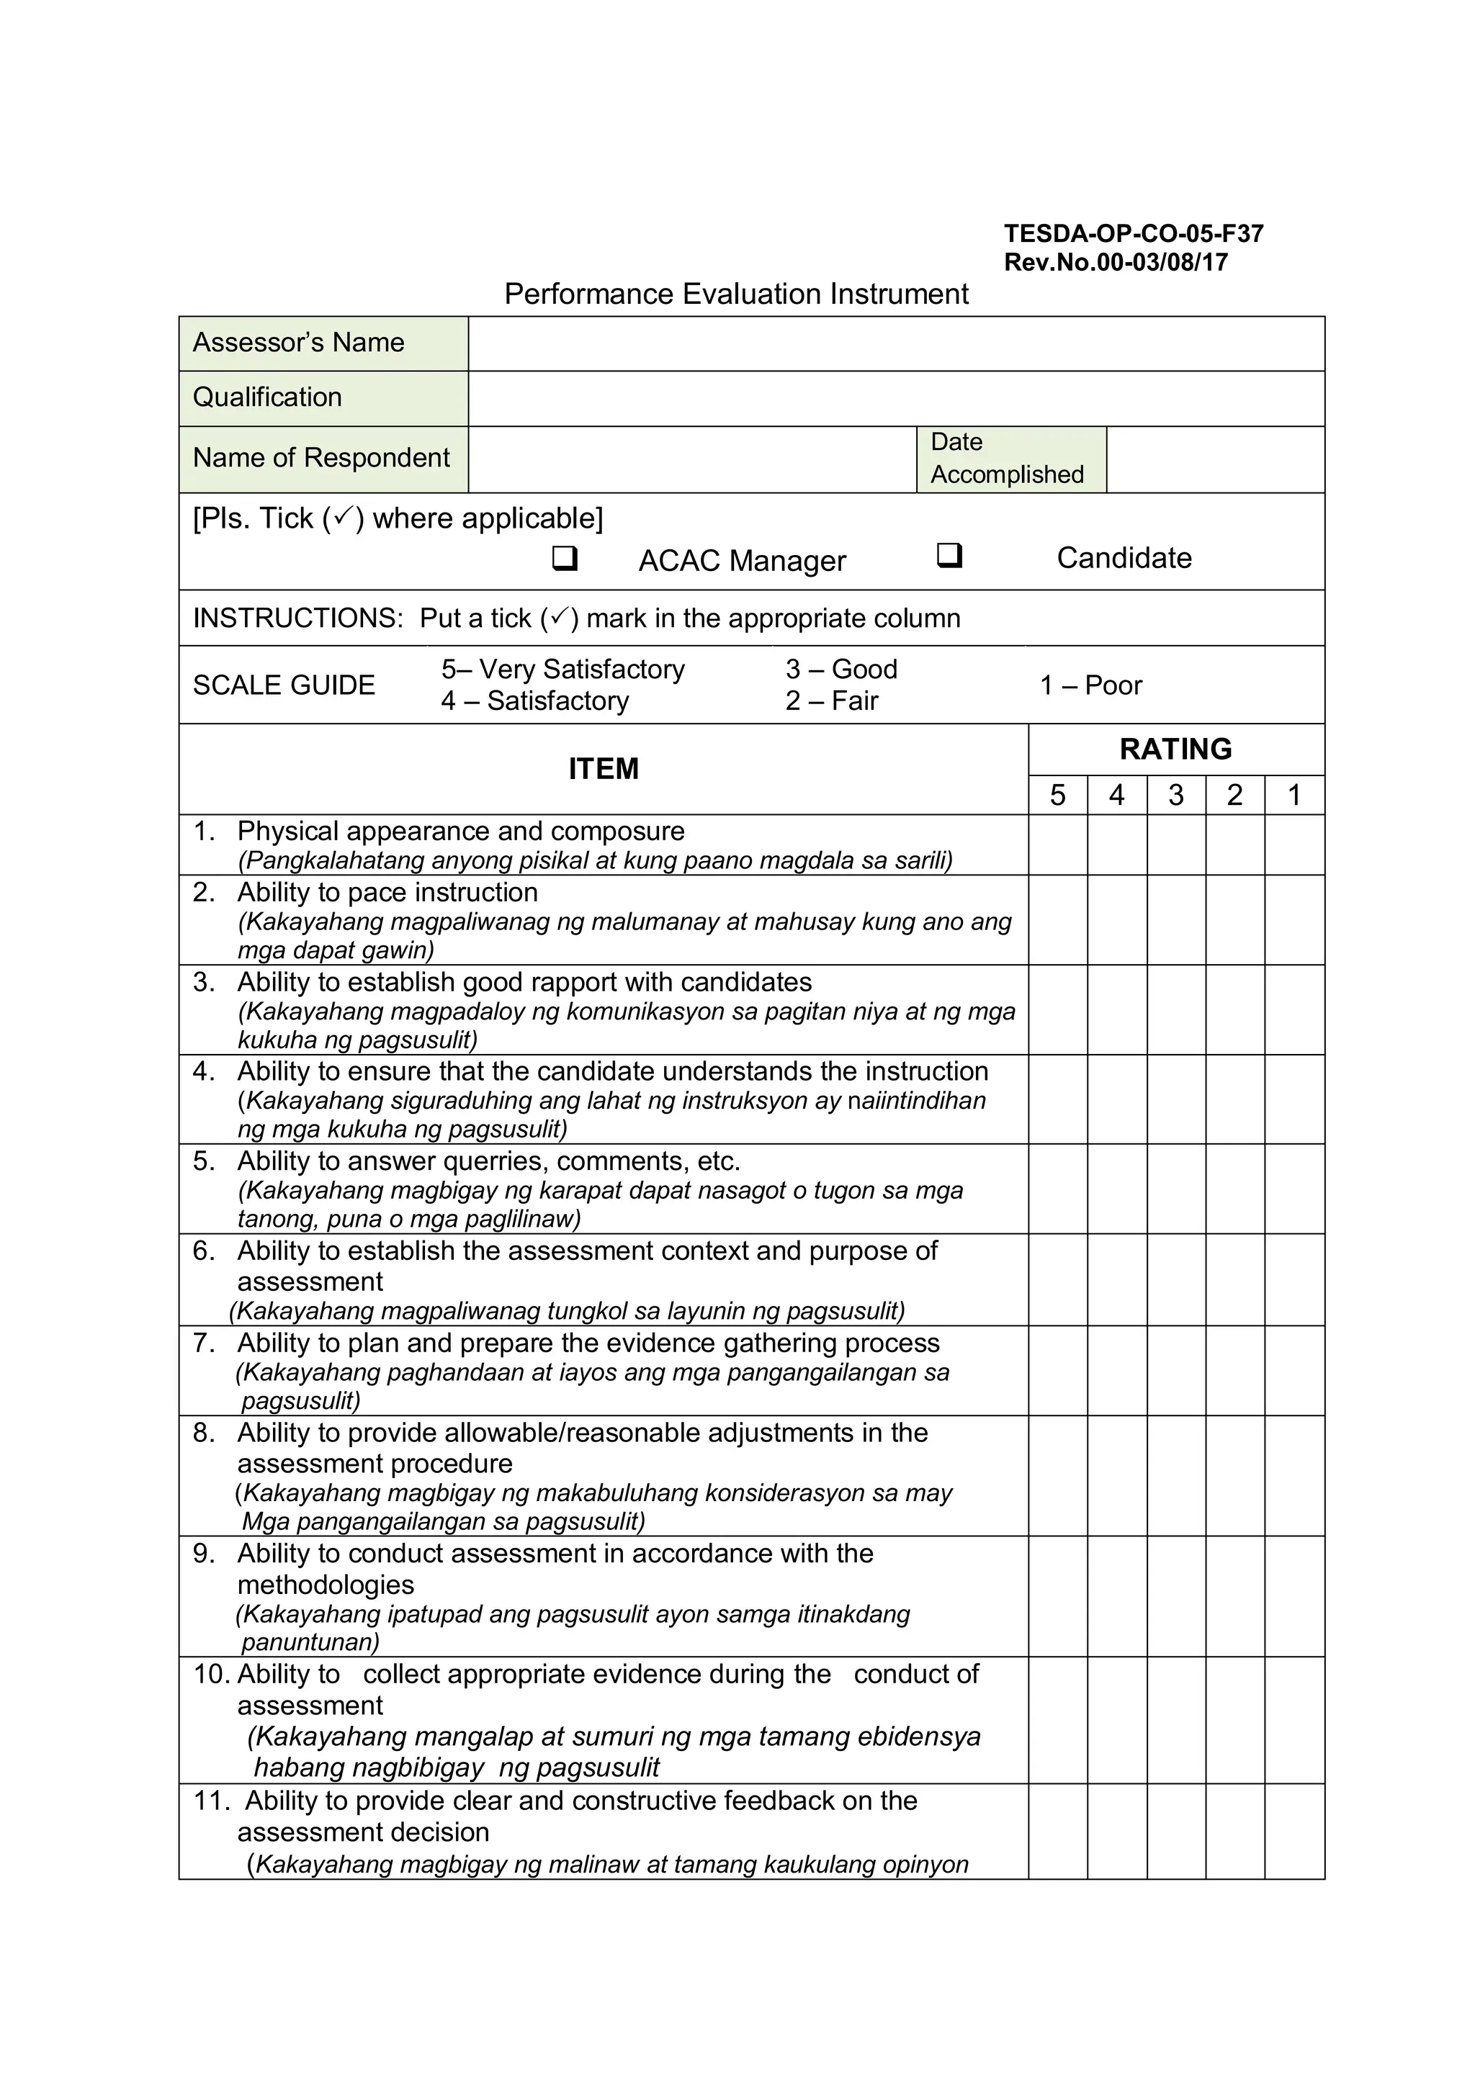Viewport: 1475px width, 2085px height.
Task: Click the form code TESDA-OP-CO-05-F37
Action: coord(1133,233)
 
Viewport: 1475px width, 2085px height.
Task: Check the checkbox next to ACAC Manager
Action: coord(564,557)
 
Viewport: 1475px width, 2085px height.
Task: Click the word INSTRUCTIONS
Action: coord(297,618)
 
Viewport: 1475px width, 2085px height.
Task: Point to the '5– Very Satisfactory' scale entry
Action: coord(563,670)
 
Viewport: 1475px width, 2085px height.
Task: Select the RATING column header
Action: coord(1175,749)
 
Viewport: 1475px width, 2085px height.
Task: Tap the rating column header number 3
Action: coord(1175,796)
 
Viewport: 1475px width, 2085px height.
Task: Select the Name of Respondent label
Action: coord(320,458)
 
